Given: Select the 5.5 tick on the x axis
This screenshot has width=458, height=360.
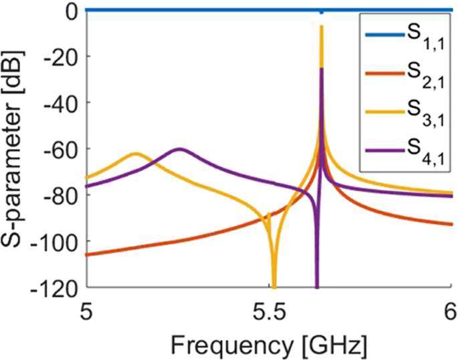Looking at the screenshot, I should click(269, 309).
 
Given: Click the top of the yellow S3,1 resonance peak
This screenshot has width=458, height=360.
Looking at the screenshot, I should click(322, 27).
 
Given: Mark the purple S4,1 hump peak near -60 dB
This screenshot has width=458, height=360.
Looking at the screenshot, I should click(179, 149).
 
